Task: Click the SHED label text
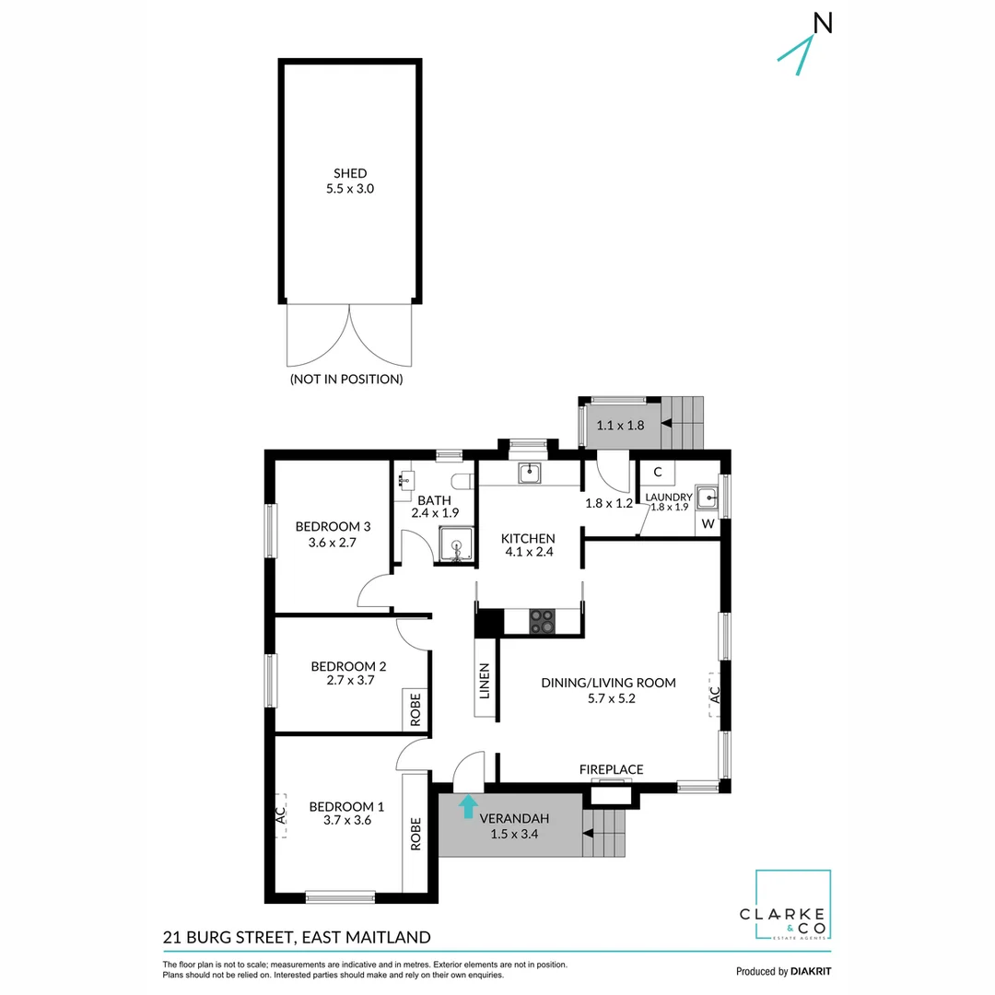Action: click(x=350, y=173)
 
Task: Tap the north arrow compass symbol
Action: click(x=805, y=41)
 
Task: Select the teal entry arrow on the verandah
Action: click(x=468, y=806)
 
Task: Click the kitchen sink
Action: click(x=529, y=474)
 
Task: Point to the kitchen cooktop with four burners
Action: click(x=542, y=622)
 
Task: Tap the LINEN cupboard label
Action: click(x=485, y=682)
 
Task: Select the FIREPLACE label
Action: click(x=611, y=769)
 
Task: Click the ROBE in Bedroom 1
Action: click(x=416, y=834)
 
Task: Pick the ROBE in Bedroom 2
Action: click(x=416, y=710)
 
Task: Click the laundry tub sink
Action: click(x=707, y=498)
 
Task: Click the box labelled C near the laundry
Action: click(x=657, y=473)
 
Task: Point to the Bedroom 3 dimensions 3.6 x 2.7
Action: click(x=333, y=543)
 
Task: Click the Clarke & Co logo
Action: click(x=792, y=907)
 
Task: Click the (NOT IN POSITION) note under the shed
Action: click(x=346, y=379)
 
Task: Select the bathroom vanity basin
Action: click(x=407, y=480)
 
